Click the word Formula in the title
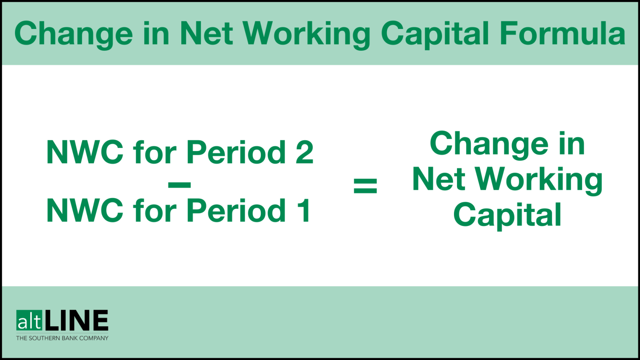[562, 33]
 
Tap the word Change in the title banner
[73, 33]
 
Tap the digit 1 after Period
[304, 210]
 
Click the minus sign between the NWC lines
[179, 185]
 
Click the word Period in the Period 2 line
[236, 152]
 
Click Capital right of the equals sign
[507, 215]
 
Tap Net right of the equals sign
[439, 179]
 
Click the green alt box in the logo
[29, 321]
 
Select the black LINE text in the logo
[76, 321]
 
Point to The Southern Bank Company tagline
[62, 338]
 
